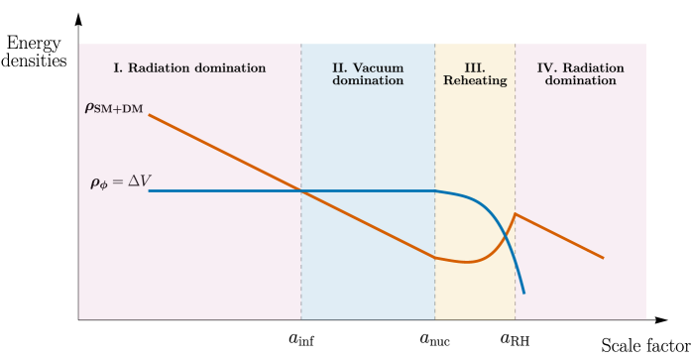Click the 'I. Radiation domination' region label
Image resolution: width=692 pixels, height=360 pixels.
pos(189,68)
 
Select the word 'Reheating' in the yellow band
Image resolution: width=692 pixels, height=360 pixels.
pos(475,81)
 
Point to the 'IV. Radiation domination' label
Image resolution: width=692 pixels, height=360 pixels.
pos(580,74)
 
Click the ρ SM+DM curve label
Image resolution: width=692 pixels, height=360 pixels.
pos(114,108)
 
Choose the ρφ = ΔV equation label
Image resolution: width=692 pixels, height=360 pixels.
pos(120,181)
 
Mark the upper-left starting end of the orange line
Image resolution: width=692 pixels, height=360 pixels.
pos(150,115)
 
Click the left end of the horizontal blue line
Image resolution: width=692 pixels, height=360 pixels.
pos(150,190)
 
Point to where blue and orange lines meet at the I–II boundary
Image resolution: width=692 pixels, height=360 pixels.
pos(302,190)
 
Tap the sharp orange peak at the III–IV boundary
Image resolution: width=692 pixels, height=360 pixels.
pos(515,213)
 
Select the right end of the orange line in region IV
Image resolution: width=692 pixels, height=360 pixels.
pos(603,258)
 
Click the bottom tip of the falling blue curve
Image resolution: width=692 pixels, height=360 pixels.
pos(523,294)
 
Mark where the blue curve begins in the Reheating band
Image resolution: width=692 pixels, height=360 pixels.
pos(436,191)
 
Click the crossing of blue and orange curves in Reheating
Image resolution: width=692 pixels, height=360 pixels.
pos(506,235)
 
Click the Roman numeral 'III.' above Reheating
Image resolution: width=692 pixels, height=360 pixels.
pos(475,68)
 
